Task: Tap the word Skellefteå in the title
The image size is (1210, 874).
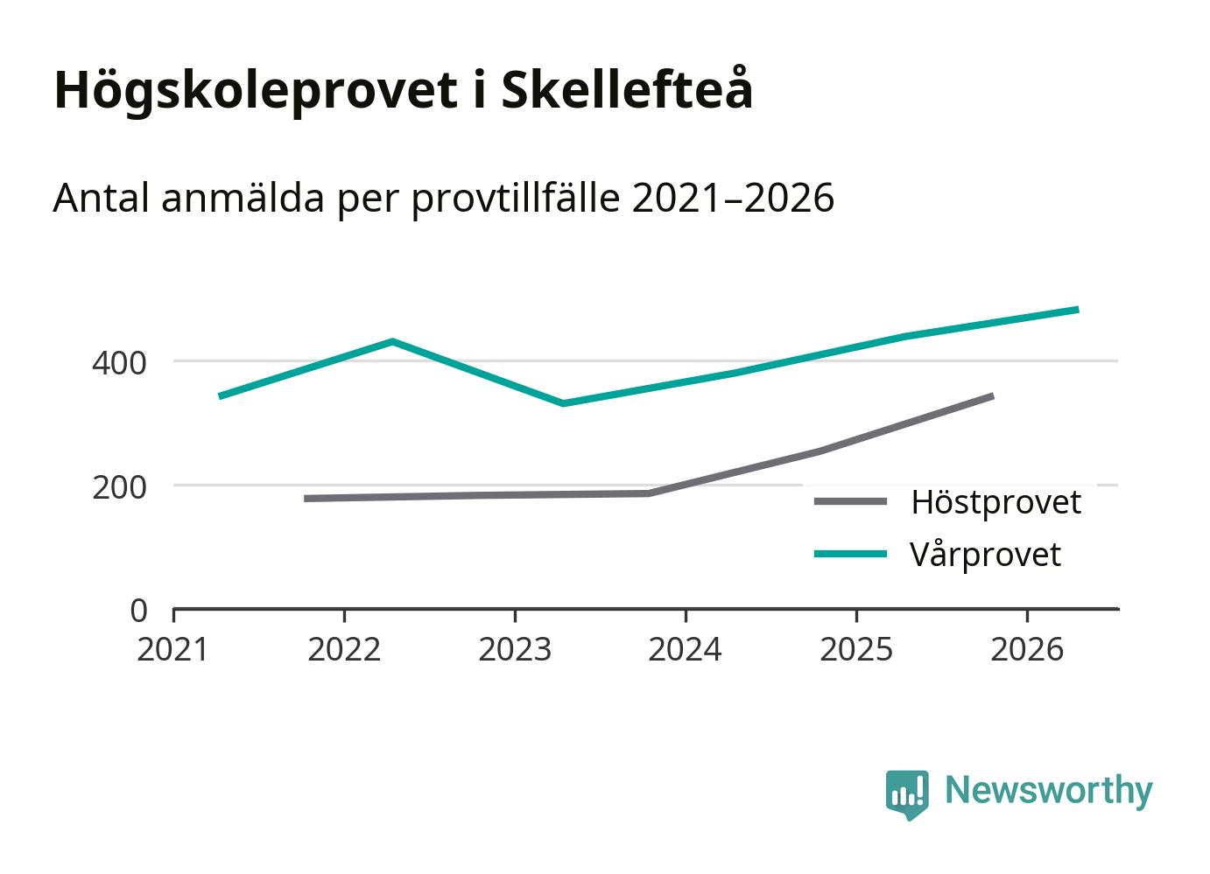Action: [x=626, y=88]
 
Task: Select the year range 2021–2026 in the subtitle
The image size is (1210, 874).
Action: [x=732, y=199]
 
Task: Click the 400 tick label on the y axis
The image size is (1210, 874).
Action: [x=119, y=362]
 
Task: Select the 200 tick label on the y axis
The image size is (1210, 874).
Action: [x=119, y=486]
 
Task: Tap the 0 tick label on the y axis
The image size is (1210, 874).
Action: [x=138, y=610]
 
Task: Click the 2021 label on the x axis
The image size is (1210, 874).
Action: [x=173, y=649]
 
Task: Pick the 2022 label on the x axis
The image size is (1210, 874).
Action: [x=344, y=649]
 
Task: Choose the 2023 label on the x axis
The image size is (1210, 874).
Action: [x=515, y=649]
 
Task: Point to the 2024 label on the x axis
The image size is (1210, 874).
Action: [x=685, y=649]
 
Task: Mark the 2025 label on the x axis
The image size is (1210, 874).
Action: [x=855, y=649]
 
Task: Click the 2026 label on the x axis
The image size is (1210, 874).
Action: [x=1026, y=649]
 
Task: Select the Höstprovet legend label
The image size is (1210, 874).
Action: [x=995, y=502]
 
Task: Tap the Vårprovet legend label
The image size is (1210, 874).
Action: [x=985, y=555]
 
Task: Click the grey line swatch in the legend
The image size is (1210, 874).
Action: [x=849, y=501]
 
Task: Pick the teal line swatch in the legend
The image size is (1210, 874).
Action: [x=849, y=554]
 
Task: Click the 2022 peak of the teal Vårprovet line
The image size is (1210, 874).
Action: [x=392, y=341]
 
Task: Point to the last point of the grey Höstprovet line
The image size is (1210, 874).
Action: [x=992, y=396]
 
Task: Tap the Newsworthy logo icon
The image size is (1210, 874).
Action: [x=906, y=794]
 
